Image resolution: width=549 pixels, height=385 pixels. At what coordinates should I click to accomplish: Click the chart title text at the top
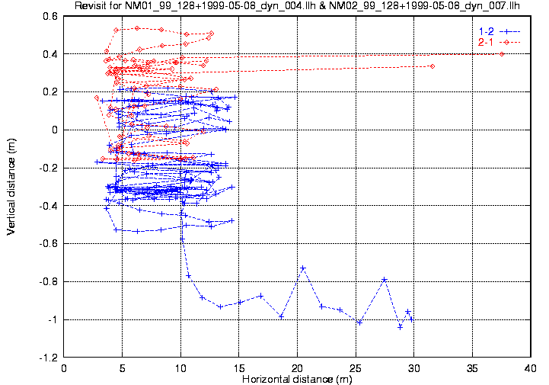click(x=296, y=7)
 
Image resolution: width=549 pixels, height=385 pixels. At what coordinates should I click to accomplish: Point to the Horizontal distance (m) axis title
click(x=296, y=379)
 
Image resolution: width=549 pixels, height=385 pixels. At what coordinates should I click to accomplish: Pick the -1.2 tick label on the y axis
click(x=49, y=358)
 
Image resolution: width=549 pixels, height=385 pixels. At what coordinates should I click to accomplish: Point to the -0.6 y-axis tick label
click(x=49, y=244)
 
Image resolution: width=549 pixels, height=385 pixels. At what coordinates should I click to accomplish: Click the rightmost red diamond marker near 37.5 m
click(x=502, y=54)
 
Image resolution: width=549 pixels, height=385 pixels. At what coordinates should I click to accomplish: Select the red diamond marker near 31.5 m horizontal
click(x=432, y=66)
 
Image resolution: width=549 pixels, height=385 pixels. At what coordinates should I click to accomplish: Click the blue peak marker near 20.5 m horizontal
click(x=303, y=268)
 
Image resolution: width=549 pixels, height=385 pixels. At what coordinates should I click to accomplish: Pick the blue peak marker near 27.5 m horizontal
click(x=385, y=280)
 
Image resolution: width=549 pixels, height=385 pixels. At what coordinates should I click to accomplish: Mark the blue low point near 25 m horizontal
click(x=359, y=322)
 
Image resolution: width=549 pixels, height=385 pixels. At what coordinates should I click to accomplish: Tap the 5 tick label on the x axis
click(x=123, y=368)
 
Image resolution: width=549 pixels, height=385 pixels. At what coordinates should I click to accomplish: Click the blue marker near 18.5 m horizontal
click(x=281, y=316)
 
